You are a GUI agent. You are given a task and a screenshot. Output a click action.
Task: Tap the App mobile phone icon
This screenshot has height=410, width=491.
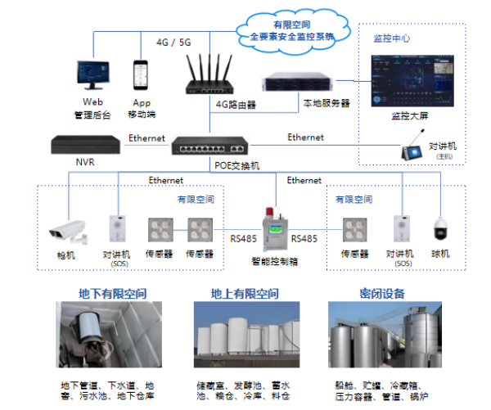142,76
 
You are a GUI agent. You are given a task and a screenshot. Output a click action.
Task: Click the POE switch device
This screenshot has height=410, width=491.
212,147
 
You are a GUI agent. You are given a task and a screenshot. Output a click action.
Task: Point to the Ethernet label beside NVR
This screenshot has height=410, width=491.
146,138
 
